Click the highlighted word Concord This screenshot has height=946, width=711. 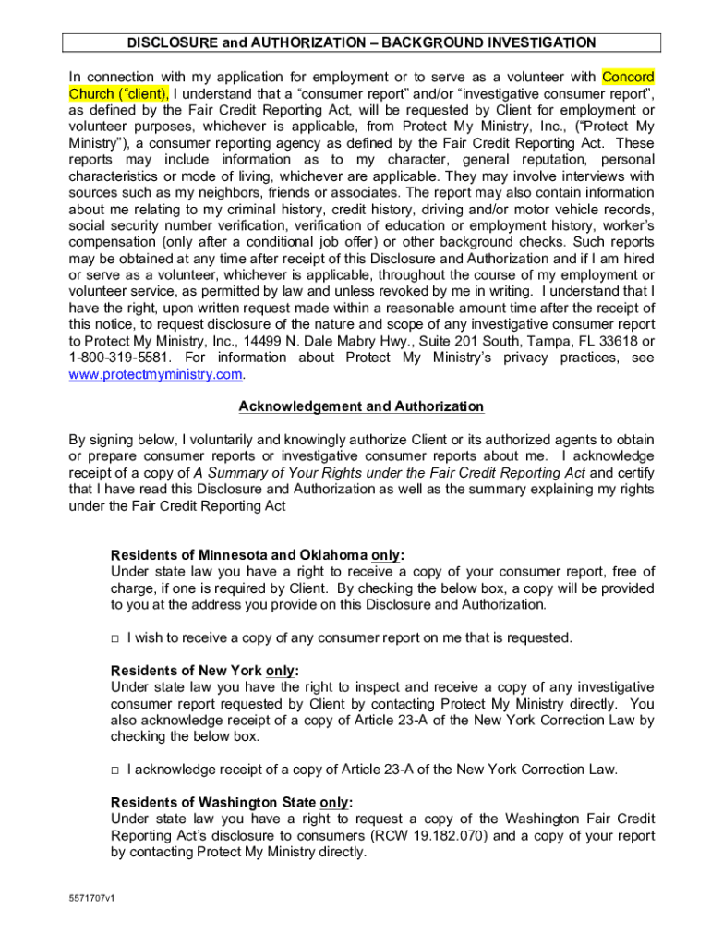click(x=628, y=76)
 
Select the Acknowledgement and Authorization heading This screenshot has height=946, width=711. click(x=361, y=406)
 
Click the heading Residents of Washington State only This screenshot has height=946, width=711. click(x=232, y=803)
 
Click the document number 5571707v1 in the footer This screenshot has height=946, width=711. click(x=90, y=898)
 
